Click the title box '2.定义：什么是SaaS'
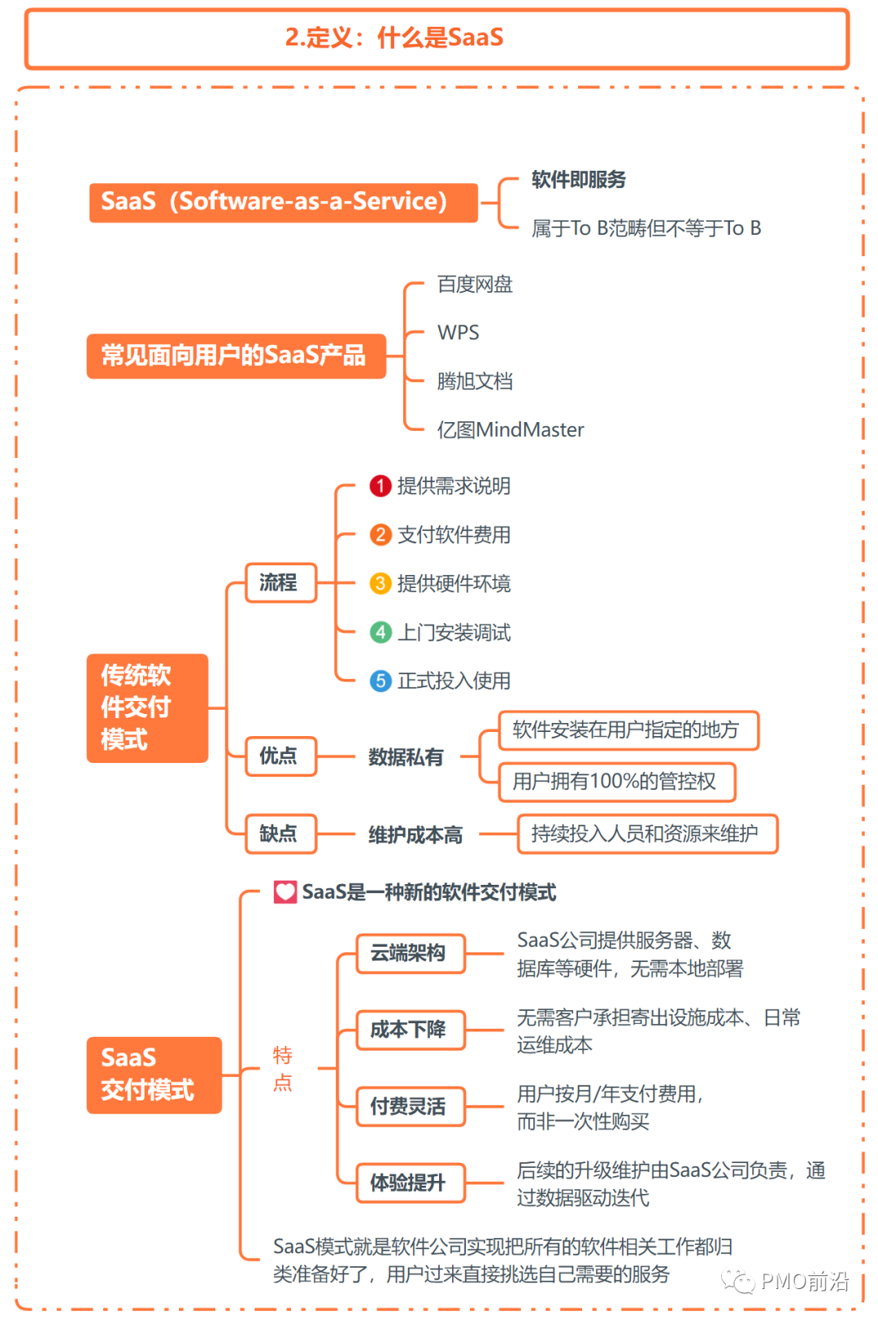pyautogui.click(x=437, y=38)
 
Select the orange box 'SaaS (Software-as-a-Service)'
pyautogui.click(x=283, y=202)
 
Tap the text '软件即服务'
pyautogui.click(x=578, y=180)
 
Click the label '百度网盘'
pyautogui.click(x=475, y=285)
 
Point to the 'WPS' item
pyautogui.click(x=458, y=333)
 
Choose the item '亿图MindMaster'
pyautogui.click(x=510, y=429)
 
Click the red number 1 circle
pyautogui.click(x=380, y=486)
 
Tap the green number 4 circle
pyautogui.click(x=380, y=632)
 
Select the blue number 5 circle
pyautogui.click(x=380, y=681)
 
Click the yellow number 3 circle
pyautogui.click(x=380, y=583)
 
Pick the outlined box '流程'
pyautogui.click(x=280, y=582)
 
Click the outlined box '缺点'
pyautogui.click(x=280, y=834)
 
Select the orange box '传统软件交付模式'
pyautogui.click(x=147, y=708)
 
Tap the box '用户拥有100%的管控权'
pyautogui.click(x=616, y=782)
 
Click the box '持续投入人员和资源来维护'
pyautogui.click(x=647, y=834)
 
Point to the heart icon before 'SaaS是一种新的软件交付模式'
pyautogui.click(x=285, y=892)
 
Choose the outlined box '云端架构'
pyautogui.click(x=411, y=953)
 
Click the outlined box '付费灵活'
pyautogui.click(x=411, y=1106)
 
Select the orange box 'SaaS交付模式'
pyautogui.click(x=154, y=1074)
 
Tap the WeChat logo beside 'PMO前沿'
pyautogui.click(x=738, y=1282)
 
